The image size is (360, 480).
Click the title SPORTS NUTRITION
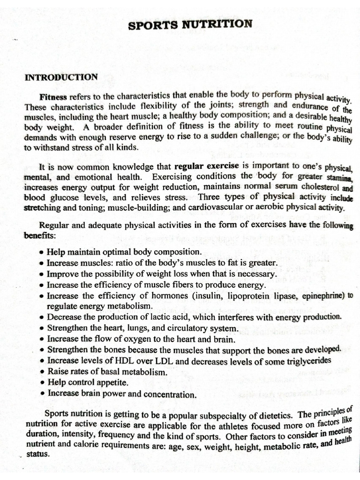[x=190, y=24]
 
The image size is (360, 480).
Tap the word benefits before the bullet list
[x=40, y=235]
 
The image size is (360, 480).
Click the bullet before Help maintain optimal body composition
[x=43, y=252]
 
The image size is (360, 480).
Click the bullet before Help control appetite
[x=43, y=383]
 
